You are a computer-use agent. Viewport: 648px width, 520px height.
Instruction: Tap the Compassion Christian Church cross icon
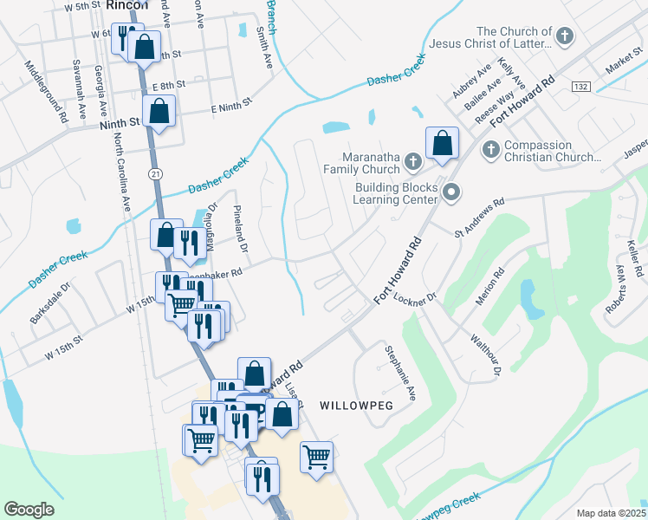click(x=489, y=151)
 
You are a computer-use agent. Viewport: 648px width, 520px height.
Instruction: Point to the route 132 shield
click(x=580, y=87)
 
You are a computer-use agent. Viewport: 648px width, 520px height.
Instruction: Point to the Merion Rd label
click(x=489, y=287)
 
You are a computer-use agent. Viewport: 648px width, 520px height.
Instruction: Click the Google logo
click(x=29, y=510)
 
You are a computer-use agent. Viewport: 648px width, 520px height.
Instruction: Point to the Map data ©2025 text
click(x=611, y=513)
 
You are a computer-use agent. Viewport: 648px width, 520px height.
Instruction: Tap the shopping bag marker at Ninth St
click(x=159, y=110)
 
